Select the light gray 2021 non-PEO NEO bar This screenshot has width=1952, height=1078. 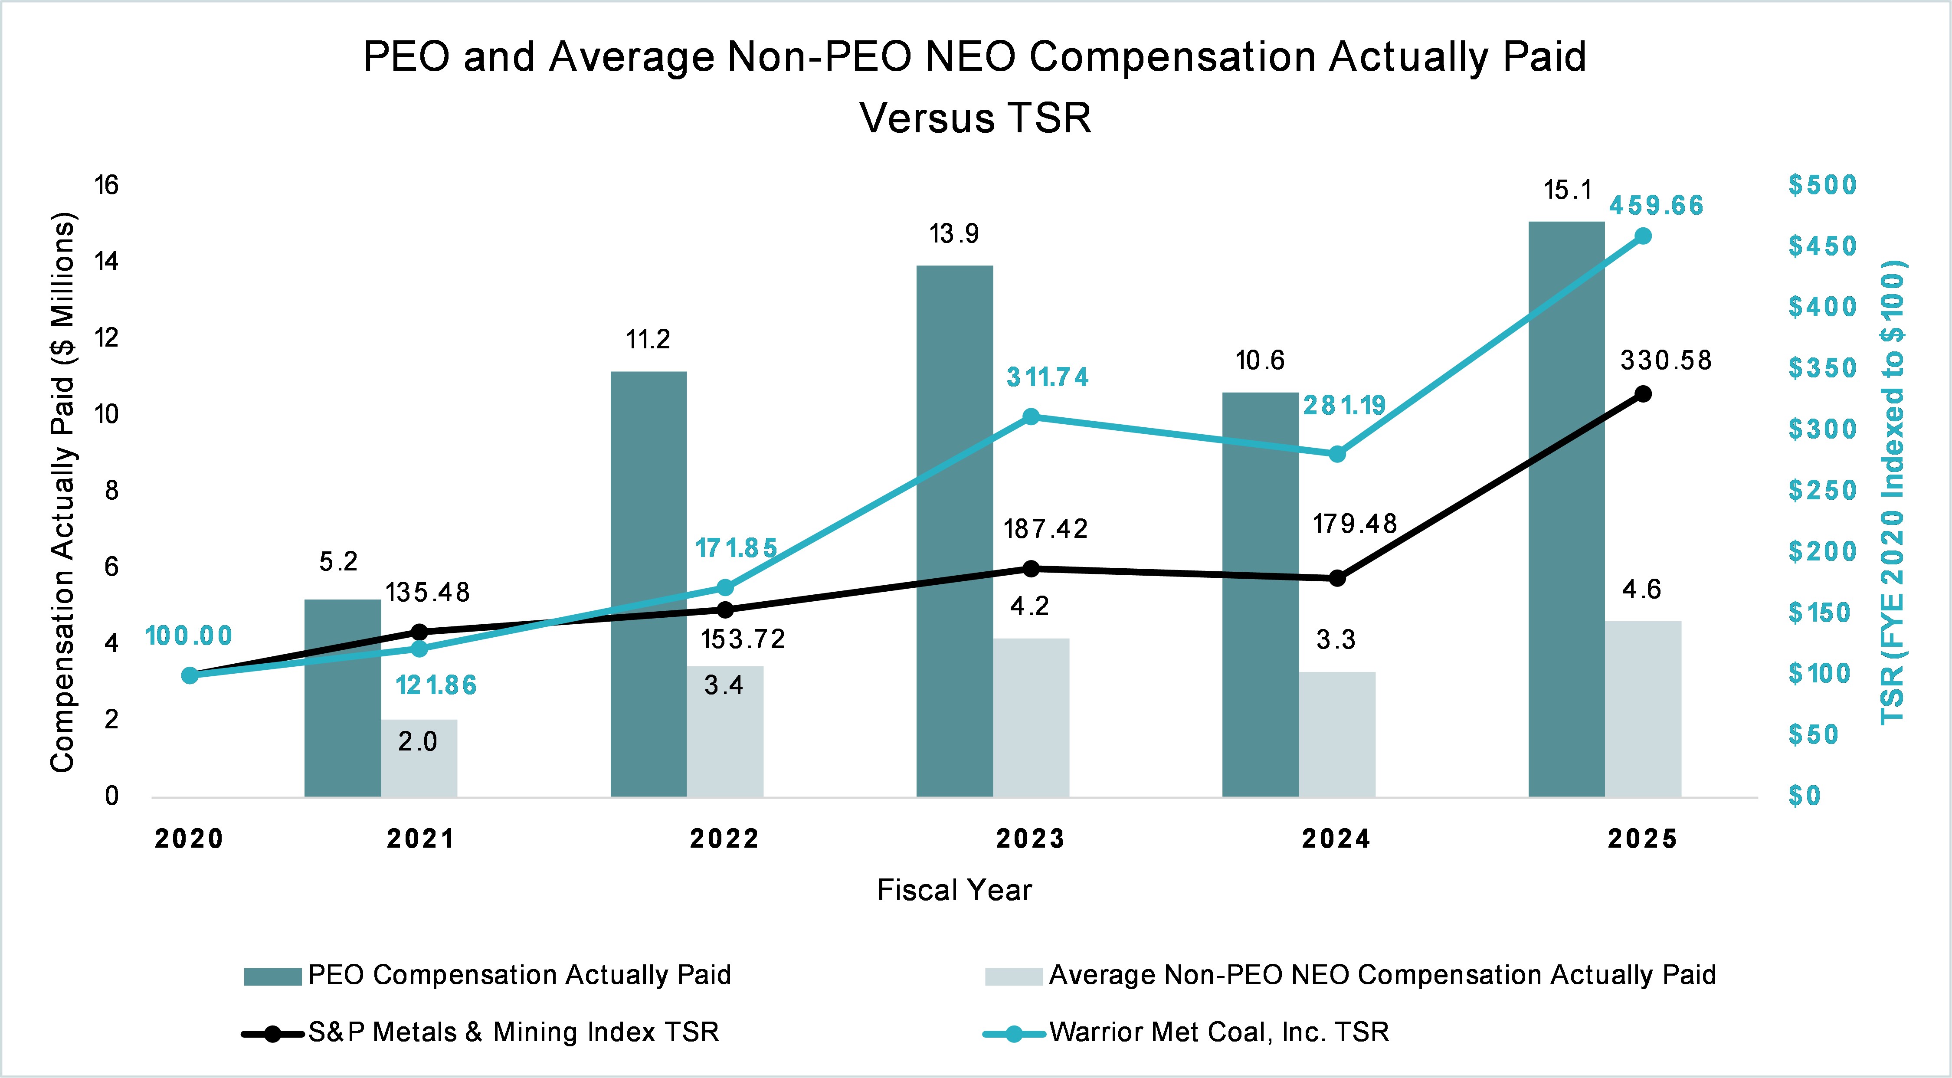tap(419, 757)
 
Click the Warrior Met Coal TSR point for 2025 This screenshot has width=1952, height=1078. tap(1643, 236)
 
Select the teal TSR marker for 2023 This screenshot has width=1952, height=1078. tap(1031, 416)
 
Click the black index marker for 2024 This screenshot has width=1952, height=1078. tap(1337, 578)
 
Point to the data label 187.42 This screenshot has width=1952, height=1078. tap(1046, 529)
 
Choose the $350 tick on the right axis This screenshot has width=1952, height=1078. tap(1822, 368)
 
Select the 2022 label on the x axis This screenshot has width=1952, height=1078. tap(724, 839)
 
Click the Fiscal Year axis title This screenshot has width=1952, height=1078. tap(954, 890)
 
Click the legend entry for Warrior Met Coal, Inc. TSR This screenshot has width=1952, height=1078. tap(1218, 1032)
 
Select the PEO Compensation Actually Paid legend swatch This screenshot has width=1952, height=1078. tap(273, 976)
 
